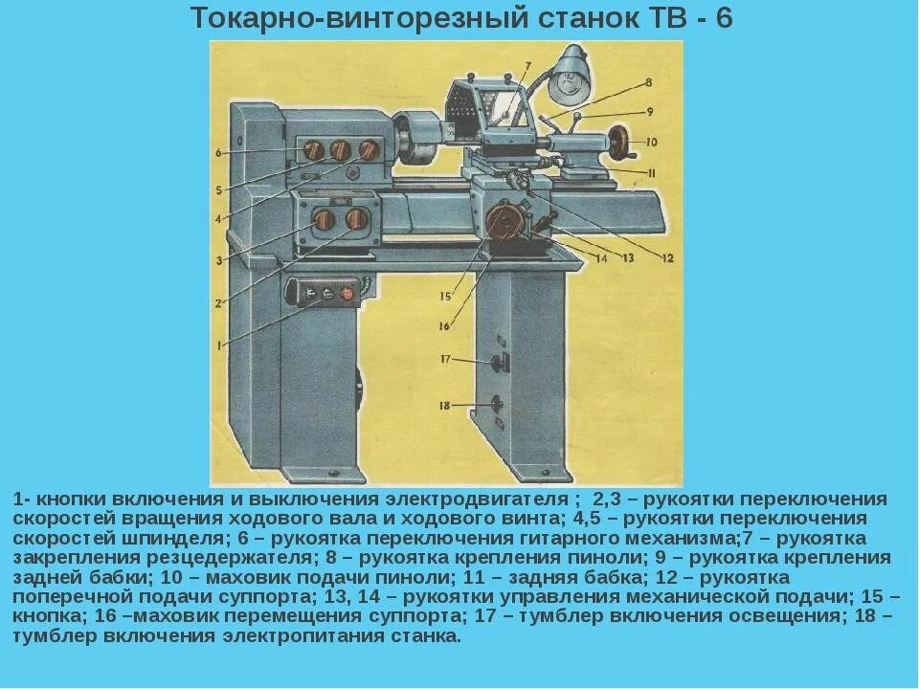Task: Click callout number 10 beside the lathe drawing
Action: [x=651, y=142]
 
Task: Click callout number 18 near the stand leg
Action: [x=444, y=406]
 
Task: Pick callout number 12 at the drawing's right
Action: [x=667, y=256]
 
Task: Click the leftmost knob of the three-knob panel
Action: [x=311, y=150]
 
